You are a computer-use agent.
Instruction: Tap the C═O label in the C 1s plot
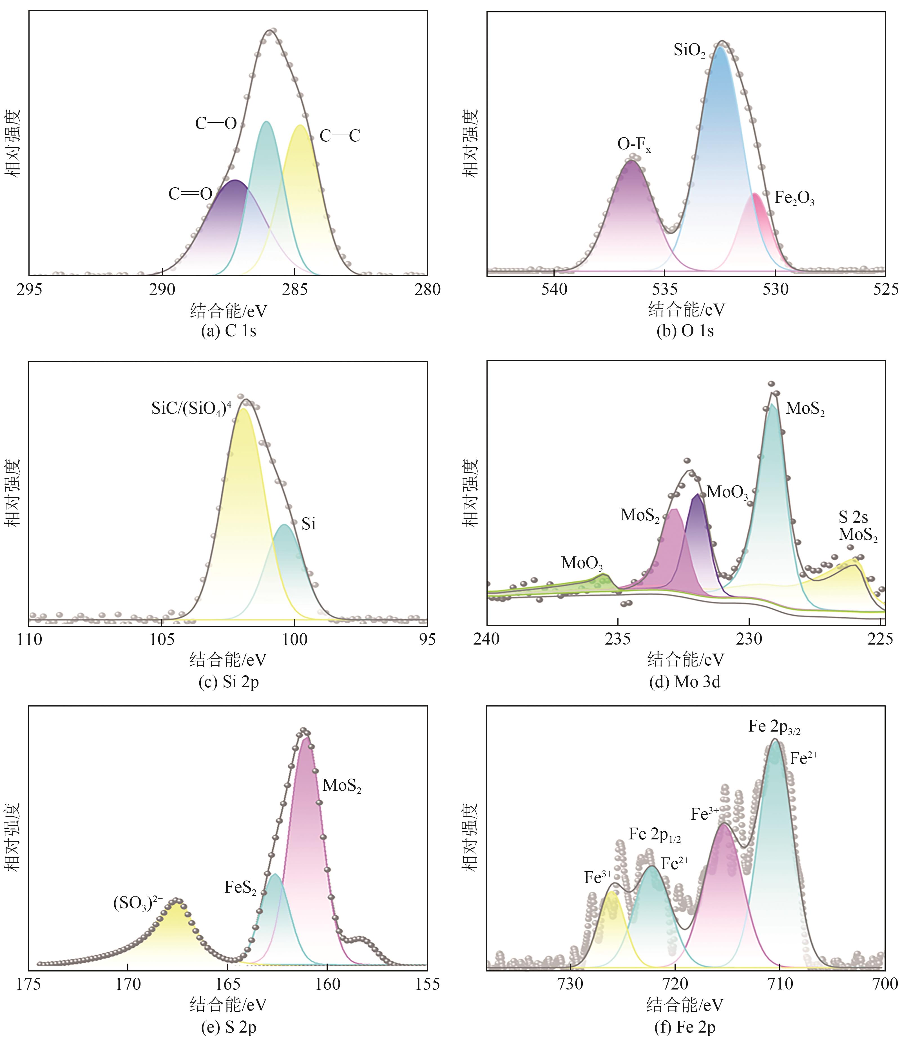[x=190, y=194]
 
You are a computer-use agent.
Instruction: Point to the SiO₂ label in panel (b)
[x=689, y=50]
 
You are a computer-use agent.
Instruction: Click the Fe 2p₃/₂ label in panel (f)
[x=774, y=727]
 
